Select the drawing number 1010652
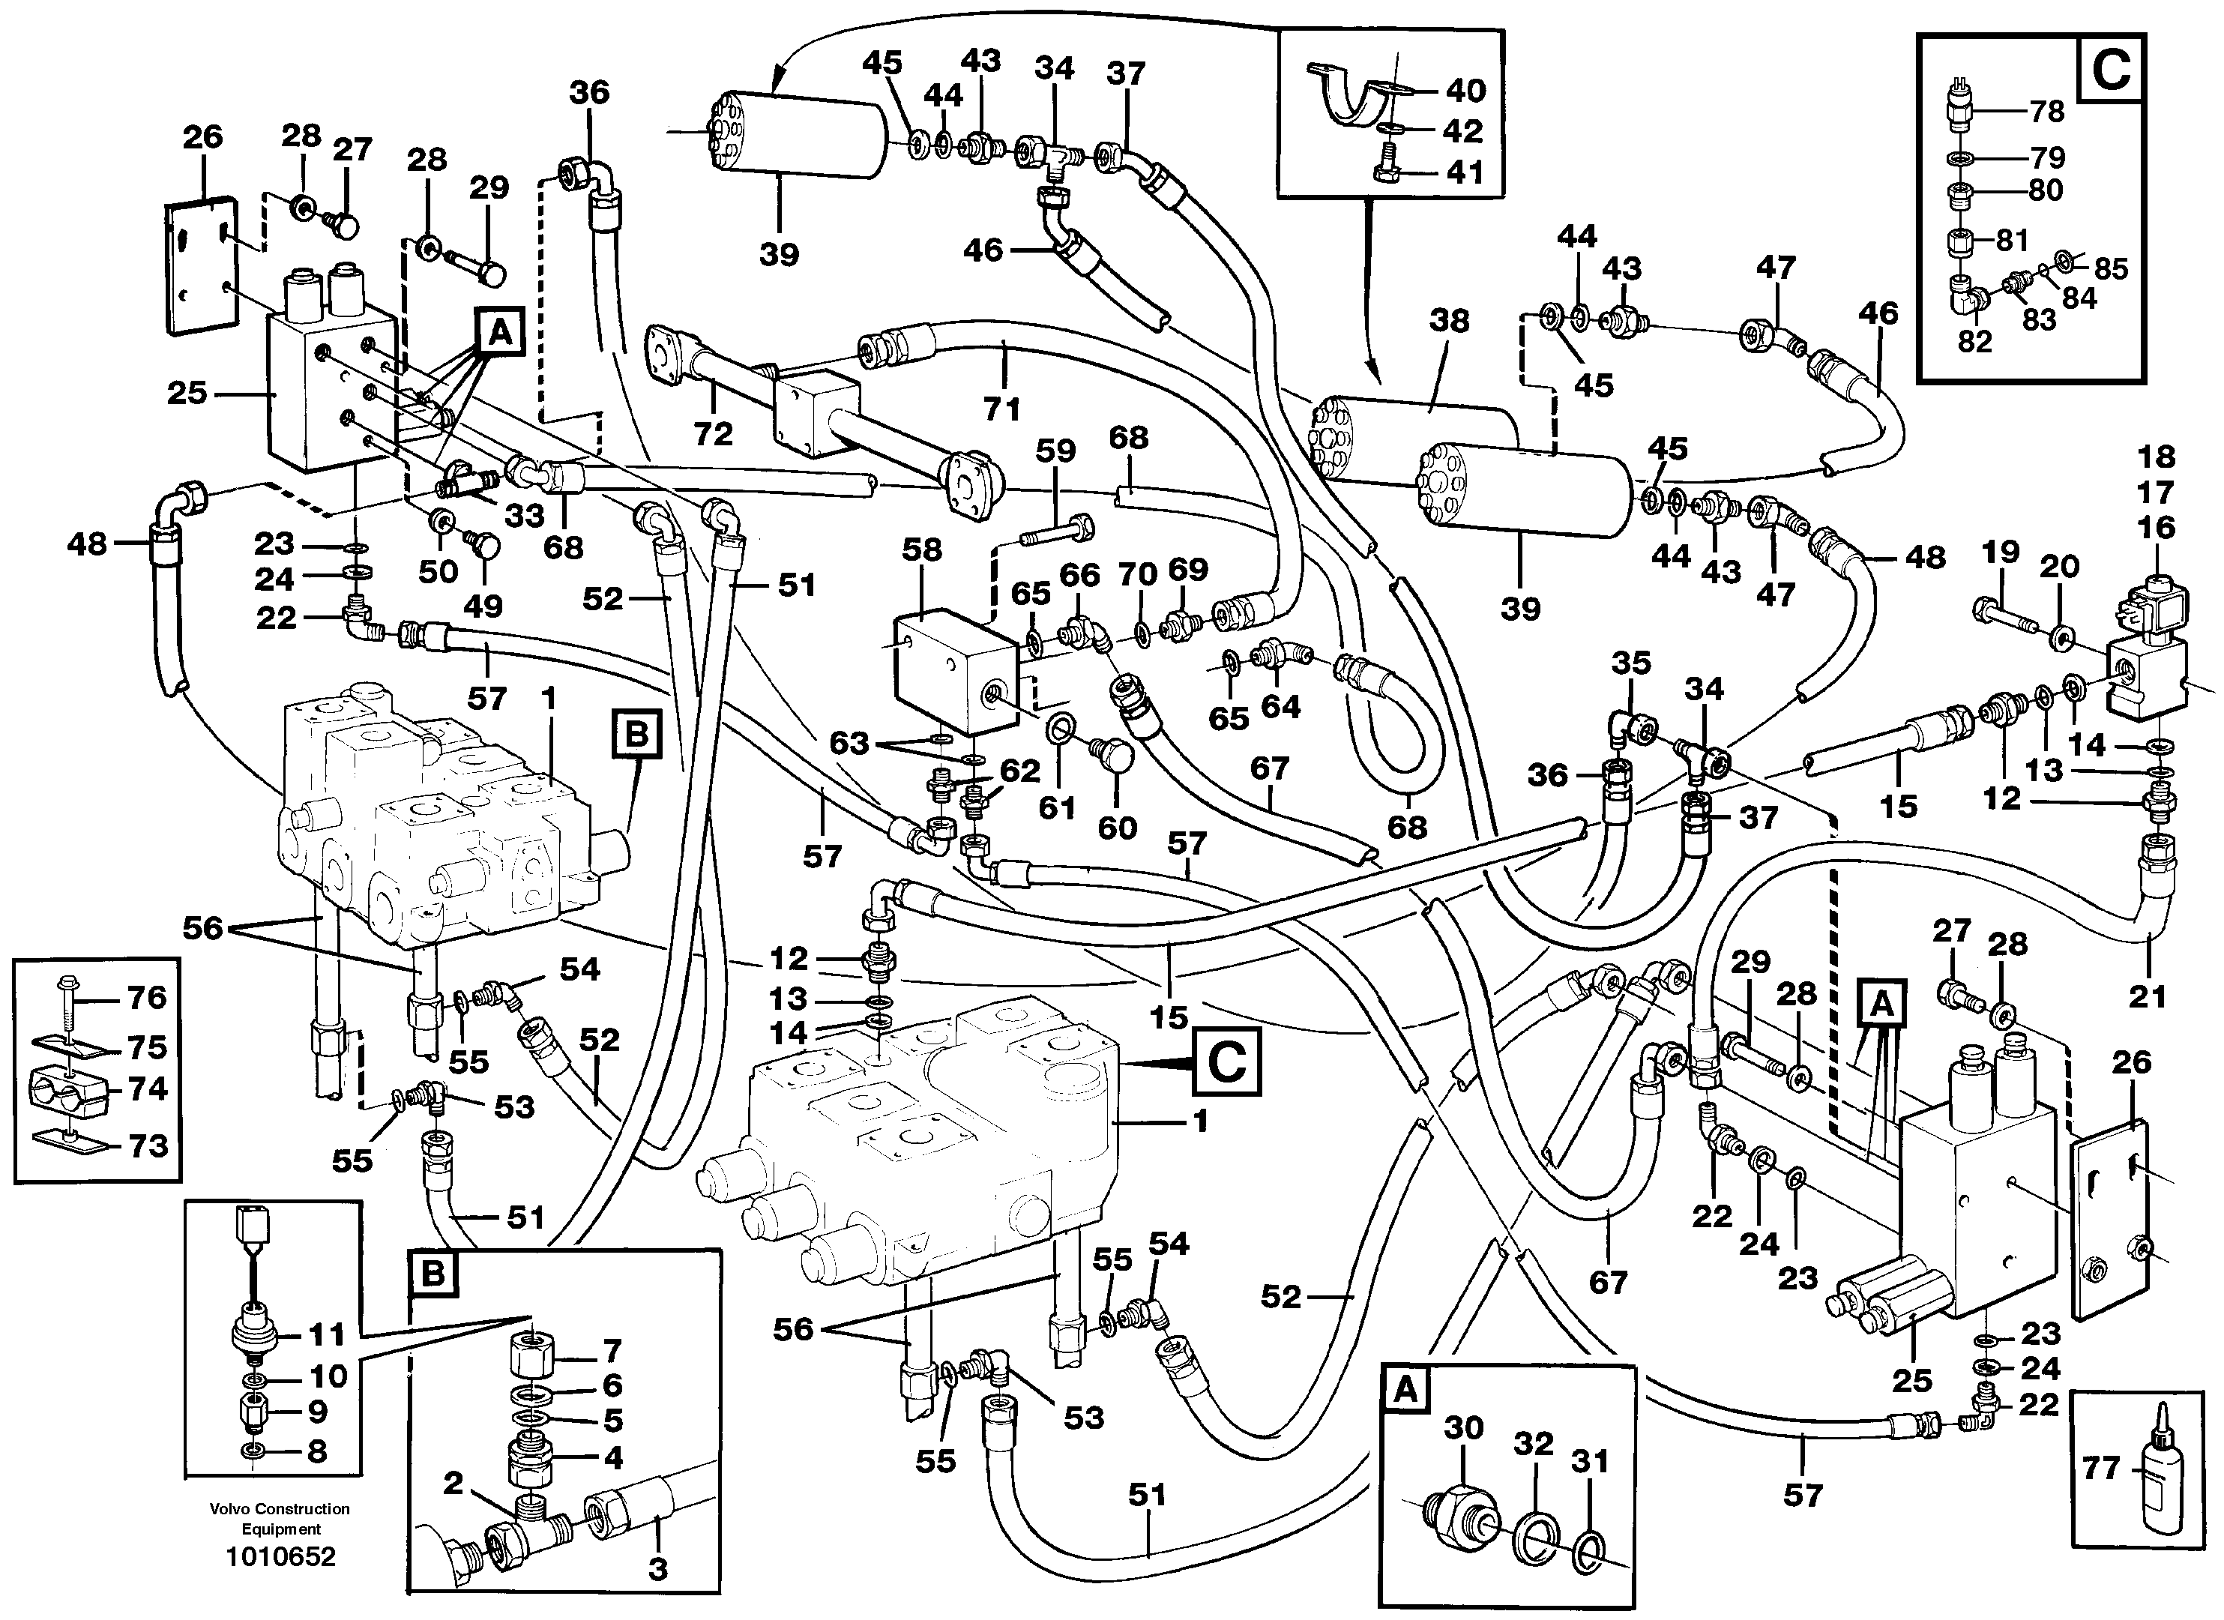pos(280,1557)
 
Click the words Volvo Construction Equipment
pos(280,1519)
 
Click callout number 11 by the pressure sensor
pos(328,1334)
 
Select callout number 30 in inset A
pos(1463,1427)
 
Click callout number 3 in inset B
pos(658,1568)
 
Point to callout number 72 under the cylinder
pos(713,433)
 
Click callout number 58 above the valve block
pos(922,550)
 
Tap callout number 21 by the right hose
pos(2147,996)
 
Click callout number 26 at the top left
pos(202,136)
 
